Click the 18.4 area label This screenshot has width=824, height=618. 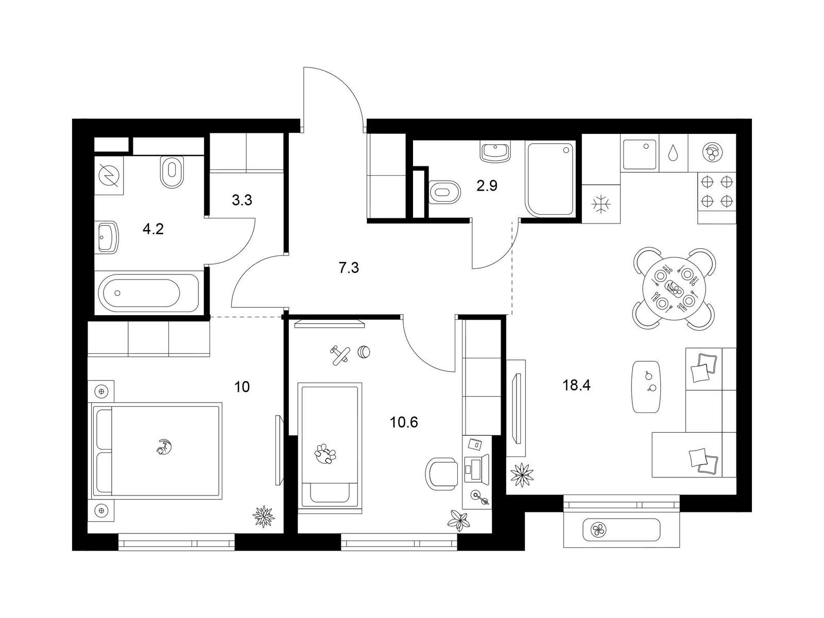click(576, 385)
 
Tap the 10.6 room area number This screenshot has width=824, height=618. click(404, 422)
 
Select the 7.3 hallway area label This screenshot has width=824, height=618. click(349, 268)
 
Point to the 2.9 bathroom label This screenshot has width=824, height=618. click(487, 186)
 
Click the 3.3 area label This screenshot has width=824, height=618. click(242, 200)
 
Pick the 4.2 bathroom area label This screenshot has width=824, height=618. click(153, 229)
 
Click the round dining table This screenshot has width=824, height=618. click(674, 288)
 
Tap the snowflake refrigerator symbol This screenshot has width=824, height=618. click(601, 204)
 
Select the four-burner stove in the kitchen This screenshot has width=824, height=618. click(717, 192)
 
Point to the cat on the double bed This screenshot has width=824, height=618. click(164, 447)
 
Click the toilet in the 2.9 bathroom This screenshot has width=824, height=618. click(444, 192)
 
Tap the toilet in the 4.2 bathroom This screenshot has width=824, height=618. click(173, 171)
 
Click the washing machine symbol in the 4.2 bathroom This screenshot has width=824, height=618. click(109, 176)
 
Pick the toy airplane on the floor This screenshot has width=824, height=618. click(340, 355)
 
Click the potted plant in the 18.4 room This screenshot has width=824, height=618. click(522, 475)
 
